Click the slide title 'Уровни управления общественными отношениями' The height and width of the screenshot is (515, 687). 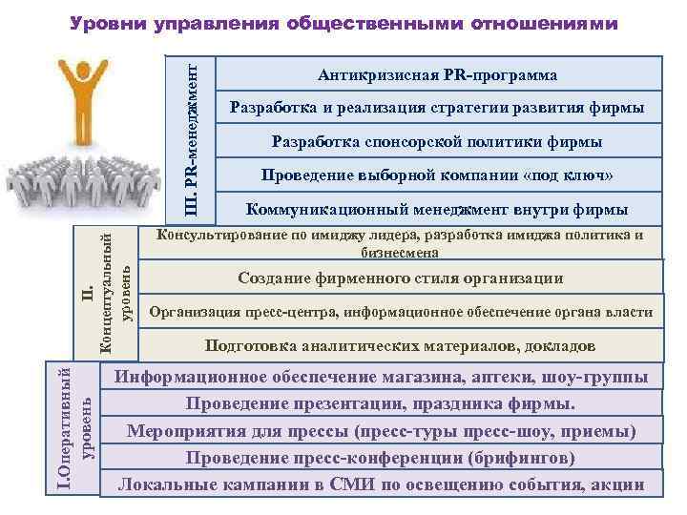(344, 22)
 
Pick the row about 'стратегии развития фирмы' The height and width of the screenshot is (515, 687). (437, 108)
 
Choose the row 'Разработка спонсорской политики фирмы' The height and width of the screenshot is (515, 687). (437, 142)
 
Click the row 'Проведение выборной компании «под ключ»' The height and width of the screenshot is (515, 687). (437, 175)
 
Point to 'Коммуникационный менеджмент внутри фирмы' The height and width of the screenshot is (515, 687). (437, 210)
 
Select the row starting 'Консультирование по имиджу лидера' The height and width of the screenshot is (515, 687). (399, 244)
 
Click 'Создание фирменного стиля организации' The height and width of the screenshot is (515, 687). (399, 278)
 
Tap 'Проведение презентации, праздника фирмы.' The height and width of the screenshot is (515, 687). (381, 403)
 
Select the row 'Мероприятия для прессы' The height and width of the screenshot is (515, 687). (381, 431)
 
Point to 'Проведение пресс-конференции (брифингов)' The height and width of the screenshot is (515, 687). (381, 458)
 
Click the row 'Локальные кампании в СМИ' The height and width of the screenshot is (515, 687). (381, 484)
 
